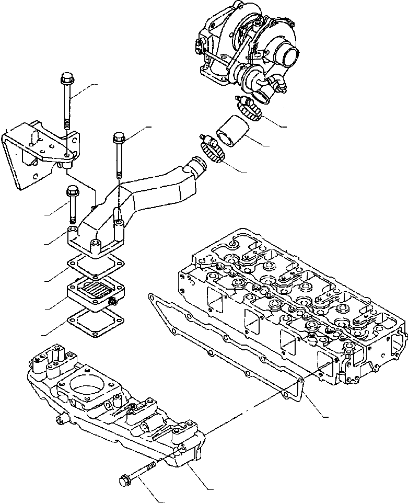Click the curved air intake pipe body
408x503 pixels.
click(151, 188)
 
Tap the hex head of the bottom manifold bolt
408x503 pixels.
click(126, 478)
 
